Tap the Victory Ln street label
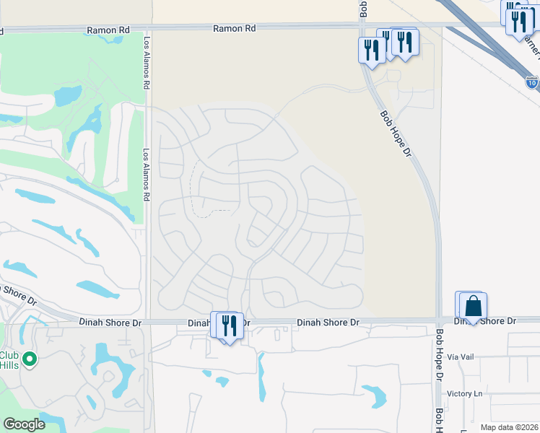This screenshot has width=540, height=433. [x=464, y=393]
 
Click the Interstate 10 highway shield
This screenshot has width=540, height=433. [x=531, y=83]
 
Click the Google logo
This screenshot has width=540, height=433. [x=24, y=424]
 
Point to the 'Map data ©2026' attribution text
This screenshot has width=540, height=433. [x=508, y=427]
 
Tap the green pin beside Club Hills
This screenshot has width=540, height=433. [x=29, y=359]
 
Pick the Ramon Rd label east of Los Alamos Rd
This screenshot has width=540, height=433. [x=235, y=29]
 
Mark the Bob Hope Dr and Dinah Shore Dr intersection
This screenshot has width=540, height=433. [x=438, y=320]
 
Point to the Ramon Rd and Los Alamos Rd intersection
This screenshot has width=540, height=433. [x=147, y=30]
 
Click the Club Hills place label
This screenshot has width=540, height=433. [x=9, y=359]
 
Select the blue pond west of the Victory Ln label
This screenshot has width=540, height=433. [x=375, y=395]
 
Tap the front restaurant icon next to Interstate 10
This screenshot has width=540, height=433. [x=519, y=22]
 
